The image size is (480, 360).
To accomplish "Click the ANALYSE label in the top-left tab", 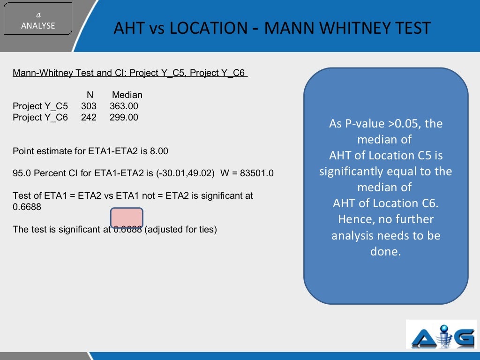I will [x=38, y=26].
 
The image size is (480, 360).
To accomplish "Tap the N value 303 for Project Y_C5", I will [x=89, y=106].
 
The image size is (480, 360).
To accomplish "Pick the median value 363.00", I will [x=124, y=106].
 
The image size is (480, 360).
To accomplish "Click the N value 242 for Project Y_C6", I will [x=89, y=117].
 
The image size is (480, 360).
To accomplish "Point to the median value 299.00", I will [x=124, y=117].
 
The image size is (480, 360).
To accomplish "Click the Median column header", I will [x=127, y=95].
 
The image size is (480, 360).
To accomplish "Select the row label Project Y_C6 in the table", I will [x=40, y=117].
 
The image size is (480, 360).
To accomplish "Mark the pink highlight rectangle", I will [x=127, y=218].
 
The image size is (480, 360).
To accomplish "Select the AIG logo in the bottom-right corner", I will [x=441, y=334].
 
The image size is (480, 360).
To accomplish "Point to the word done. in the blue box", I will [x=386, y=251].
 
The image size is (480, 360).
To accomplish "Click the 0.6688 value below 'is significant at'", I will [x=27, y=206].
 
